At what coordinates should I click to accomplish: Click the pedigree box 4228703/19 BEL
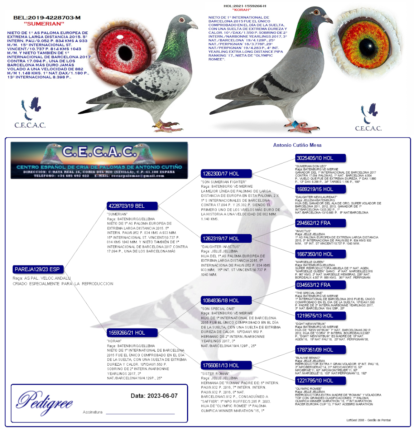[x=132, y=206]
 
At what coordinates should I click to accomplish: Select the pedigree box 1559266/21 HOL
[x=132, y=333]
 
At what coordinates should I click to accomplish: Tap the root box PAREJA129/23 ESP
[x=38, y=269]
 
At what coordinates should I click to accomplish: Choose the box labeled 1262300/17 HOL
[x=226, y=174]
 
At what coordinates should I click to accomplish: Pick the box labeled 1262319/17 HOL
[x=226, y=238]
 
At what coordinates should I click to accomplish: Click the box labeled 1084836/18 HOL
[x=226, y=300]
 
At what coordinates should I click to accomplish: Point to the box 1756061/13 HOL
[x=226, y=365]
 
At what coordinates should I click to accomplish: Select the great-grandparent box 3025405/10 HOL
[x=320, y=158]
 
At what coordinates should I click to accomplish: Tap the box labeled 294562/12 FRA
[x=320, y=223]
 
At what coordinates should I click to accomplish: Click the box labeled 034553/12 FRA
[x=320, y=285]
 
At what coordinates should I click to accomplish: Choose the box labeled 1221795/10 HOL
[x=320, y=380]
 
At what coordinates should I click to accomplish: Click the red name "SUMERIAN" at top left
[x=44, y=24]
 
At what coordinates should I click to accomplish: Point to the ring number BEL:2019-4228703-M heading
[x=47, y=18]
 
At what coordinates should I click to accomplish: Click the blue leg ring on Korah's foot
[x=294, y=124]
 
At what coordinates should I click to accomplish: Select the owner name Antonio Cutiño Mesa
[x=297, y=145]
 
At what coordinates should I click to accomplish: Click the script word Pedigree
[x=45, y=401]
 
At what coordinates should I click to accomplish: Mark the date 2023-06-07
[x=154, y=396]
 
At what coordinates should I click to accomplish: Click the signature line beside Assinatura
[x=140, y=413]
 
